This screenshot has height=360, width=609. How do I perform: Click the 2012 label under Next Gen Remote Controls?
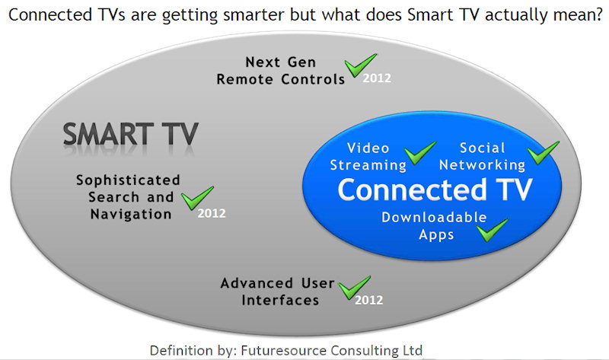point(377,78)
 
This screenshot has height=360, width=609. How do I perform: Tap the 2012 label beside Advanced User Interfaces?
point(368,300)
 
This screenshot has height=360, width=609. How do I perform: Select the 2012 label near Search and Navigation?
point(212,213)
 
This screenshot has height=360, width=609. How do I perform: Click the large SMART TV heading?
point(130,134)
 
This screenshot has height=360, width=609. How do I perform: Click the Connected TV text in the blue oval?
point(435,190)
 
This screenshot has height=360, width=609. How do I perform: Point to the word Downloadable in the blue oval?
point(434,217)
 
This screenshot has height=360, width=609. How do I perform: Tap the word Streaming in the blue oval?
point(368,165)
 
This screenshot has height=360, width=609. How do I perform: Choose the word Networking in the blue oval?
point(482,165)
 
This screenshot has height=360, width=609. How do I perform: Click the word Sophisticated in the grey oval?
point(128,180)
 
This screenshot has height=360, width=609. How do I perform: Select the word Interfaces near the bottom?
point(280,300)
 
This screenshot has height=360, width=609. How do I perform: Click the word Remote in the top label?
point(244,79)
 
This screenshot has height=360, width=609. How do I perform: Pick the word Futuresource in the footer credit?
point(284,350)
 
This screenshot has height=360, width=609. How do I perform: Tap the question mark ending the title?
point(598,14)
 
